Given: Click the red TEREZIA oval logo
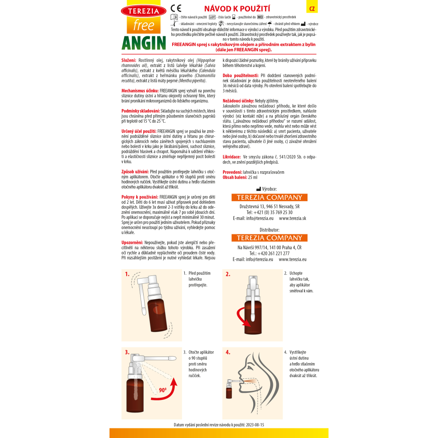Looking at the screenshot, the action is [144, 11].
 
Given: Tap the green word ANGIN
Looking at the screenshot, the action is [144, 43].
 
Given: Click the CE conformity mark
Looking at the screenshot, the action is [176, 8].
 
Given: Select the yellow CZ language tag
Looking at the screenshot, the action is [312, 9].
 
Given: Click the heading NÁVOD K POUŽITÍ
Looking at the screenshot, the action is [237, 9].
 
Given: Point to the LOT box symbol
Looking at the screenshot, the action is [212, 17].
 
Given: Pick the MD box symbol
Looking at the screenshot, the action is [260, 17].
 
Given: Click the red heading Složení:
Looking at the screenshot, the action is [129, 60].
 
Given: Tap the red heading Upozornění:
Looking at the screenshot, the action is [132, 243].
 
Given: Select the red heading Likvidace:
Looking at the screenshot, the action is [232, 157].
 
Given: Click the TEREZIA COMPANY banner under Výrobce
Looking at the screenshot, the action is [269, 198].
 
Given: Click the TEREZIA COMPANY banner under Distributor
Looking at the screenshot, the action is [269, 238].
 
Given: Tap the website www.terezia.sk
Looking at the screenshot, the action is [293, 219].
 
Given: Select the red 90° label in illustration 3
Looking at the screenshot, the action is [162, 390].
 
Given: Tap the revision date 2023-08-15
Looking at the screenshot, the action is [255, 425].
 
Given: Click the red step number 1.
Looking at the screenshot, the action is [127, 274].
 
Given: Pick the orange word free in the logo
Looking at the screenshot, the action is [144, 25].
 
